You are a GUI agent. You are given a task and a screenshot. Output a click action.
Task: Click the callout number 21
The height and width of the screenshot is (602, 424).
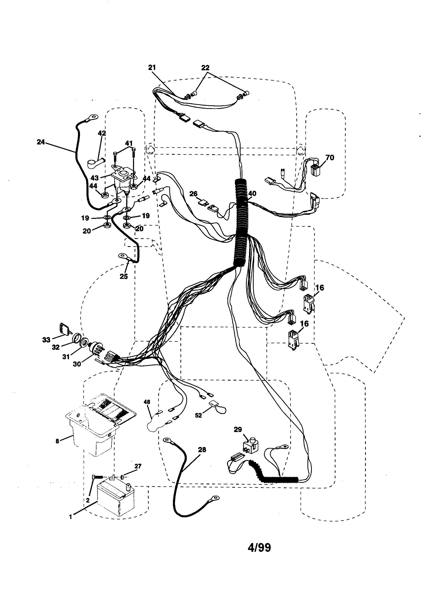(x=152, y=67)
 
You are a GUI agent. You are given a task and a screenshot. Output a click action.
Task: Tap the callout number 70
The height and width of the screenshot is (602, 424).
(x=330, y=158)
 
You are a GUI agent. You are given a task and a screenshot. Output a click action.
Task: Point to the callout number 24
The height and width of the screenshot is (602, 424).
(x=41, y=142)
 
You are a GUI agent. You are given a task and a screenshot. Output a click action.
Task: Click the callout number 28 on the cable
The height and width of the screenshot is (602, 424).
(x=202, y=450)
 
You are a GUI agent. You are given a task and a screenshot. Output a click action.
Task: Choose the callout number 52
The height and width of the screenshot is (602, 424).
(x=199, y=416)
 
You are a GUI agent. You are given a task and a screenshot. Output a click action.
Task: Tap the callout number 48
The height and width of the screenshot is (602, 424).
(x=147, y=402)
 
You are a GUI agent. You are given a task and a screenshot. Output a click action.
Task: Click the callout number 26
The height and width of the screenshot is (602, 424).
(x=193, y=194)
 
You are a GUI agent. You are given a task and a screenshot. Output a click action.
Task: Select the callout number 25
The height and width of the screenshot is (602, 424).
(x=124, y=276)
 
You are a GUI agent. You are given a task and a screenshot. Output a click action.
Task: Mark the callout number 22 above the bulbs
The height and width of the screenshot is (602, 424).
(x=206, y=68)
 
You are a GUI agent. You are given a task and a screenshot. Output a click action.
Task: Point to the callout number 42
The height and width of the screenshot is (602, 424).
(x=102, y=133)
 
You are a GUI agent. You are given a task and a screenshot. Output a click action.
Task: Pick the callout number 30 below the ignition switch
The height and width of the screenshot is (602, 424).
(x=77, y=364)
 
